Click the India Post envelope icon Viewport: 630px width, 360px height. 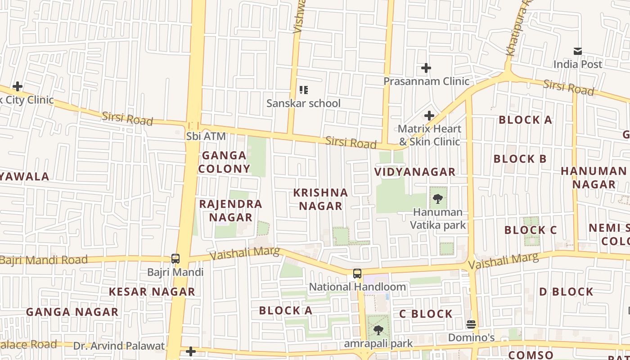pyautogui.click(x=577, y=51)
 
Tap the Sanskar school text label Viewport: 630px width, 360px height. pyautogui.click(x=303, y=103)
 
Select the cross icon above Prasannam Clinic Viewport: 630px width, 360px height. pyautogui.click(x=426, y=68)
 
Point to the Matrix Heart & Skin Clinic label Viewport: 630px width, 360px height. pyautogui.click(x=429, y=135)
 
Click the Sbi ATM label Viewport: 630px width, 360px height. pyautogui.click(x=206, y=136)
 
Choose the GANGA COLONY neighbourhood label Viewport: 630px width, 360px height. pyautogui.click(x=224, y=162)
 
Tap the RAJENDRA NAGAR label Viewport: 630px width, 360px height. pyautogui.click(x=231, y=211)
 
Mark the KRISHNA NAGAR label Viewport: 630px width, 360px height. pyautogui.click(x=320, y=199)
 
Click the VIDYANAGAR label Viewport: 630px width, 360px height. pyautogui.click(x=415, y=172)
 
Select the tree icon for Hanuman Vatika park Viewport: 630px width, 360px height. pyautogui.click(x=437, y=198)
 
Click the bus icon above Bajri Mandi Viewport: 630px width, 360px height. pyautogui.click(x=175, y=259)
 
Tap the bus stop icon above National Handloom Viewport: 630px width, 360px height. pyautogui.click(x=357, y=273)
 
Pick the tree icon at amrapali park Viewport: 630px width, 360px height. pyautogui.click(x=378, y=330)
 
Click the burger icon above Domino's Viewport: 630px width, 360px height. pyautogui.click(x=471, y=324)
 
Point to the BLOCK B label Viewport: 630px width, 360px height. pyautogui.click(x=520, y=159)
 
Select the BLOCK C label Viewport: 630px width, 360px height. pyautogui.click(x=531, y=230)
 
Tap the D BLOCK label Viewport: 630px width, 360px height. pyautogui.click(x=566, y=292)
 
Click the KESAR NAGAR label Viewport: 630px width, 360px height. pyautogui.click(x=152, y=292)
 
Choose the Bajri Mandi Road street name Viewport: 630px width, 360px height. pyautogui.click(x=44, y=260)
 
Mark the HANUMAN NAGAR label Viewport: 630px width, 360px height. pyautogui.click(x=594, y=178)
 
